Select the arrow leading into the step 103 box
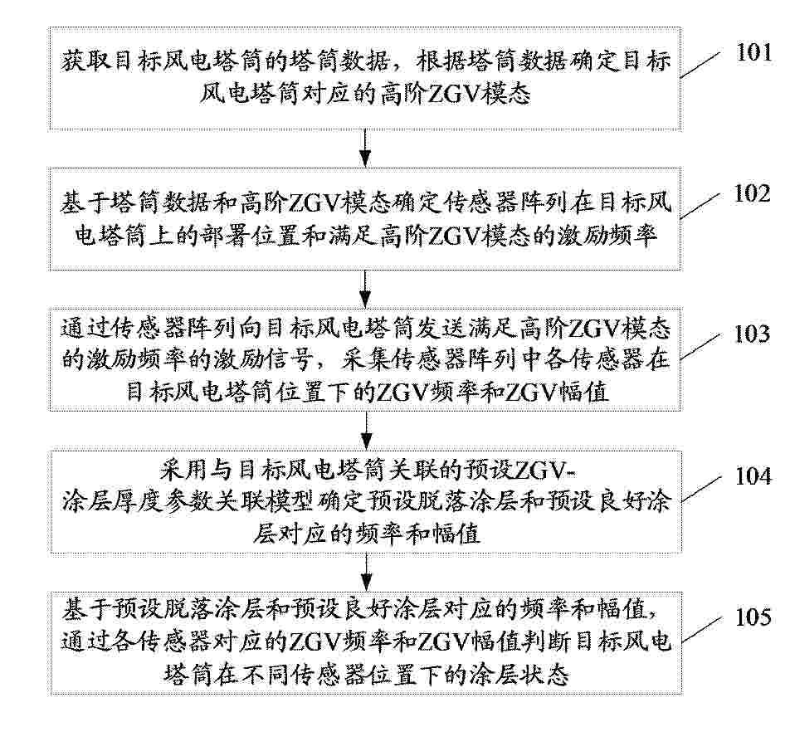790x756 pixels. [366, 289]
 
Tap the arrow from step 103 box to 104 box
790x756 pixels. [366, 431]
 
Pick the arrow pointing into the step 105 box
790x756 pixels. [366, 572]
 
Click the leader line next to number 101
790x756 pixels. [702, 65]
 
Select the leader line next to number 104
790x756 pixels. [702, 487]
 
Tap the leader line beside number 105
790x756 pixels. [702, 628]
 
